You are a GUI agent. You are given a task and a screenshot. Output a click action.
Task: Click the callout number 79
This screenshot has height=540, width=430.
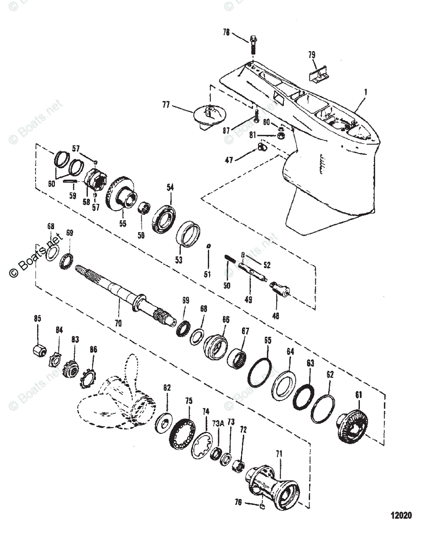coord(311,55)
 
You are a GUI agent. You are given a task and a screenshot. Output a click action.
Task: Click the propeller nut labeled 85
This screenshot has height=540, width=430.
coord(40,349)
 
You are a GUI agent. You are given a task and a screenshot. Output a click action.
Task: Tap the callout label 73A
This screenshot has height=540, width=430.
coord(218,423)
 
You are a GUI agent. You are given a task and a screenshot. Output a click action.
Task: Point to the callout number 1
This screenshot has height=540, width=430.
coord(366,91)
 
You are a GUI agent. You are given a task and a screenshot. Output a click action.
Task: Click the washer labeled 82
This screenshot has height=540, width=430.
coord(163,424)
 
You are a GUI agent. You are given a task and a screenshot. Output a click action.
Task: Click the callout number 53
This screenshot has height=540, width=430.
coord(179,260)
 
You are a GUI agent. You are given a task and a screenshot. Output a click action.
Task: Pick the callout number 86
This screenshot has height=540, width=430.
coord(93,349)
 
